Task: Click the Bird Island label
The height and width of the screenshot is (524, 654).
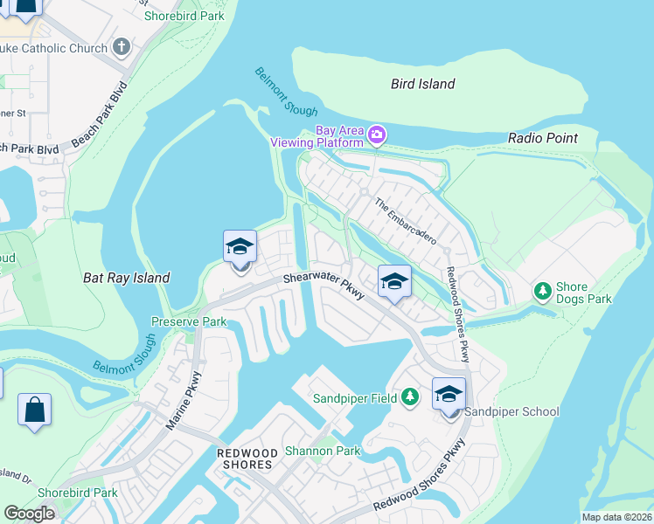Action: coord(423,84)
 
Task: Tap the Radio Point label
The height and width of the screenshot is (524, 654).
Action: coord(543,138)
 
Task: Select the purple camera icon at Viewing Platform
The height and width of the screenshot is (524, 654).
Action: coord(377,134)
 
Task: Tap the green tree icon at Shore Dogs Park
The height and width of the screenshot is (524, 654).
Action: coord(542,290)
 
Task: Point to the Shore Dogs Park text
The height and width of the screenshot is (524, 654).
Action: coord(584,293)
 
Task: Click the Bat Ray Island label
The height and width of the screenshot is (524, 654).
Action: coord(126,278)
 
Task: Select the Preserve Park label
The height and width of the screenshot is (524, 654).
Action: coord(189,321)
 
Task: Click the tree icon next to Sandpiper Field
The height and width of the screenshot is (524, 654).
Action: coord(409,398)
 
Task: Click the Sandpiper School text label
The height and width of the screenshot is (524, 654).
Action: coord(511,411)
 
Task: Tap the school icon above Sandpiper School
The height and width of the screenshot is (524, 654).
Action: coord(449,394)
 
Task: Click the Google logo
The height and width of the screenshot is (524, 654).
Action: coord(30,514)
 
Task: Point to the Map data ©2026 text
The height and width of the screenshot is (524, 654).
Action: coord(616,517)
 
